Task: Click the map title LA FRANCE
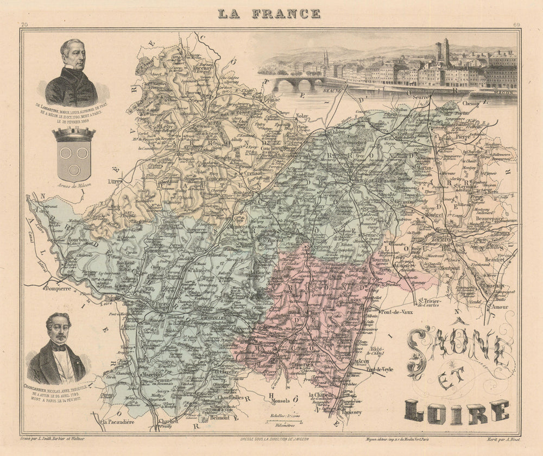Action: click(x=269, y=14)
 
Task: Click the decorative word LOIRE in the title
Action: click(x=456, y=412)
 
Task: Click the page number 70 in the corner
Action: click(x=24, y=25)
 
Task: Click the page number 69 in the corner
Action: click(x=516, y=25)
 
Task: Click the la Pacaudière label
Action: click(x=121, y=422)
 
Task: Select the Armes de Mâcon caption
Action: click(x=73, y=185)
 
